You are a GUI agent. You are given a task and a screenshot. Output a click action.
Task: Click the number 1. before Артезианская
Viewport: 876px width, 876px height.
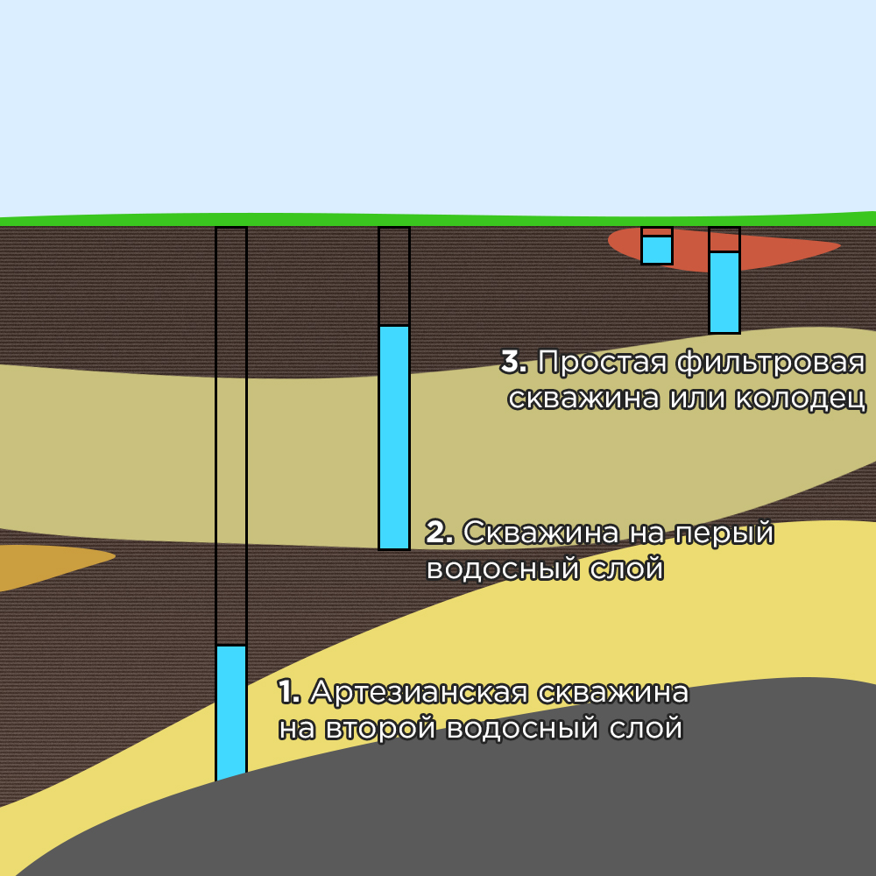pos(289,692)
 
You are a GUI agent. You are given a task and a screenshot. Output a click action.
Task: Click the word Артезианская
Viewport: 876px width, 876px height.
pos(419,692)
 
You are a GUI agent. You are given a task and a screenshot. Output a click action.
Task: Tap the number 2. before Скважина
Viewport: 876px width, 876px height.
pos(439,532)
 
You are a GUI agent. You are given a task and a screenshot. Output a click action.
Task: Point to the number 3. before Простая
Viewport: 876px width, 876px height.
pos(514,362)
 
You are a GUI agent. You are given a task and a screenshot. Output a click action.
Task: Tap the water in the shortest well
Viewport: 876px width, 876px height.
pos(657,250)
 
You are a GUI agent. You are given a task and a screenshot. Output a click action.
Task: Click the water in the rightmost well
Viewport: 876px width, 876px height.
pos(724,292)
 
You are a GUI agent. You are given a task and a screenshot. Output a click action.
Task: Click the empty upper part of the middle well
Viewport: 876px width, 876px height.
pos(394,276)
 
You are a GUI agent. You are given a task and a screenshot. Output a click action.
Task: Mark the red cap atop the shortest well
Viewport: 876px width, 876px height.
pos(657,231)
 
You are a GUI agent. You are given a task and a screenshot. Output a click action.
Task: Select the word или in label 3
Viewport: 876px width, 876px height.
pos(697,398)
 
